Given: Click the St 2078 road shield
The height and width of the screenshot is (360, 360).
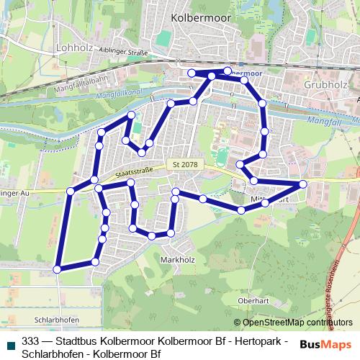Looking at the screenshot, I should pyautogui.click(x=185, y=166).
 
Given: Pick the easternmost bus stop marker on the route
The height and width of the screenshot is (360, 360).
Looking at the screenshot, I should pyautogui.click(x=303, y=184).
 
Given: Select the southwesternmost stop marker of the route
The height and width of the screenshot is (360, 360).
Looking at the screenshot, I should pyautogui.click(x=58, y=269).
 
